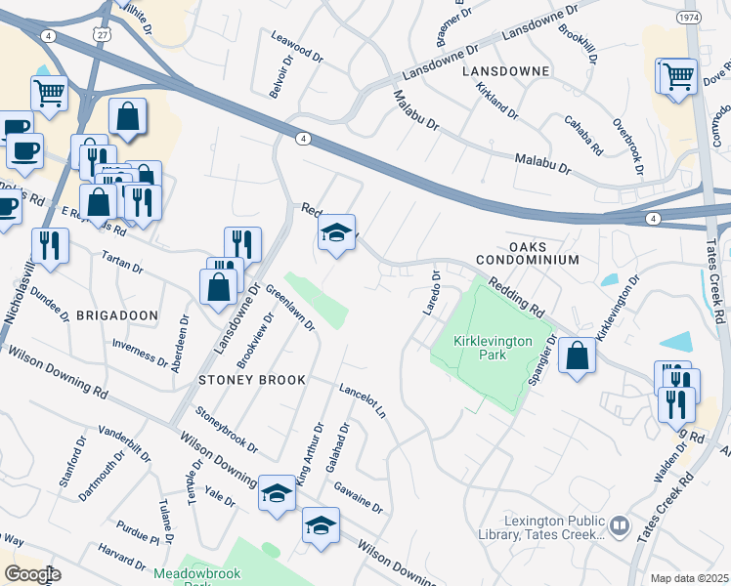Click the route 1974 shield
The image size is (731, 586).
[689, 17]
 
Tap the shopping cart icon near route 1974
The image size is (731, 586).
[677, 75]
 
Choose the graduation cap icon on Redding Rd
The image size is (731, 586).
[336, 232]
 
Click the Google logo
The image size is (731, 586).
[31, 573]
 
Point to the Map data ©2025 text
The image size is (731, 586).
[688, 578]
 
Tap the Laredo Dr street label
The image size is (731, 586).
[430, 292]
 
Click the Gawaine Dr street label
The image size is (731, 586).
[357, 496]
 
